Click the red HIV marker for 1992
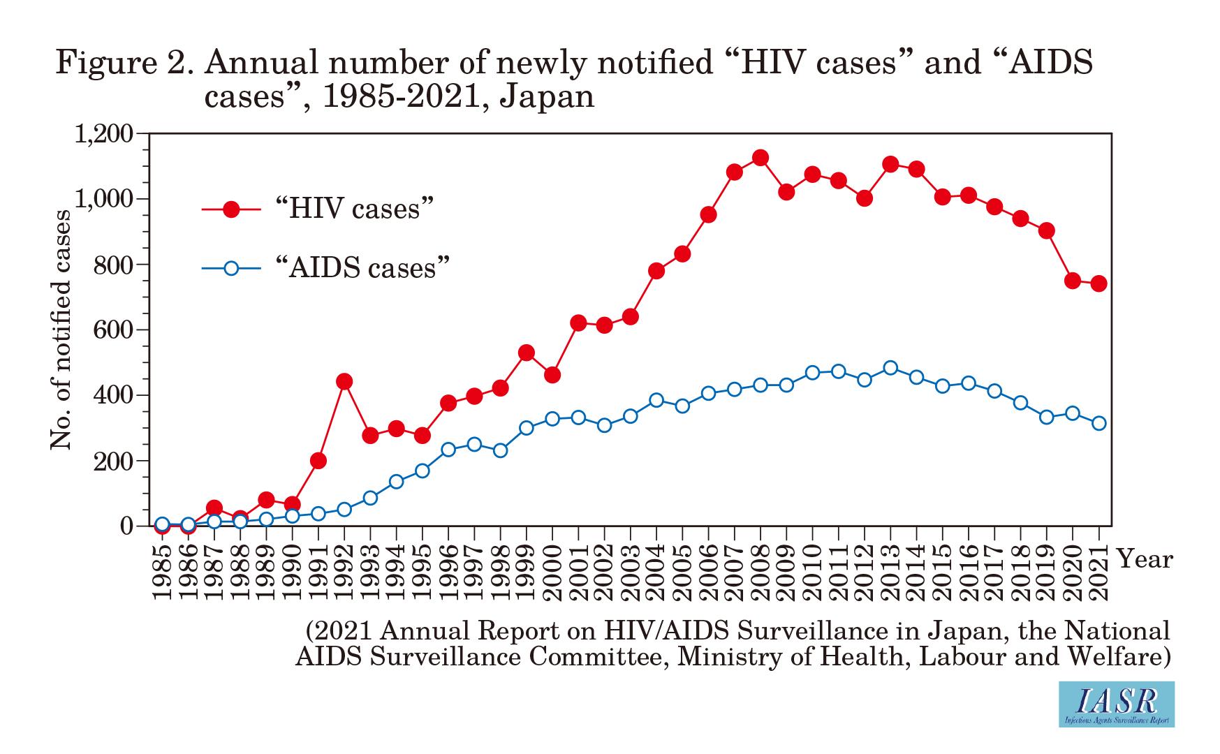tap(344, 381)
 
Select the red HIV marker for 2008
tap(760, 158)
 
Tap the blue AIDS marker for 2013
tap(890, 368)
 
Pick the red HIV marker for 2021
tap(1098, 283)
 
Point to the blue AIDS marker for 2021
tap(1098, 423)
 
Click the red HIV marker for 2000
tap(552, 375)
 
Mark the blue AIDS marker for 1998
tap(500, 450)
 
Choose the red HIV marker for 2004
tap(656, 271)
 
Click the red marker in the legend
tap(231, 209)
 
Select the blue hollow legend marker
tap(231, 268)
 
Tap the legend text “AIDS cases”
tap(362, 268)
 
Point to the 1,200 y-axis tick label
tap(103, 133)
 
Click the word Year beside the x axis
tap(1145, 559)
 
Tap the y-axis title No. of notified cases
tap(61, 330)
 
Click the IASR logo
tap(1116, 704)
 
